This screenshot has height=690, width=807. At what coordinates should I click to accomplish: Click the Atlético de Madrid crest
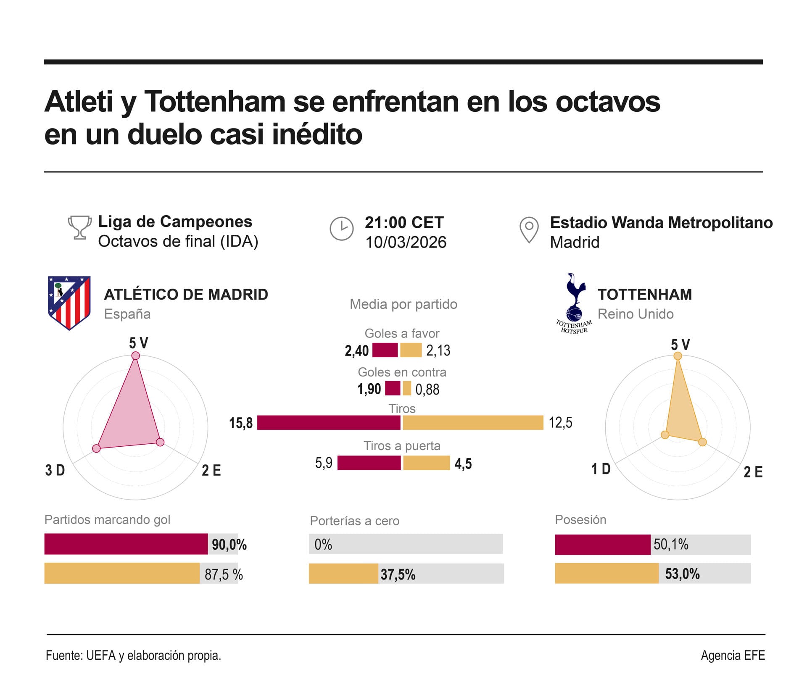click(69, 303)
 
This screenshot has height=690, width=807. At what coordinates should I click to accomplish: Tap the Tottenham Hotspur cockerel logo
click(575, 303)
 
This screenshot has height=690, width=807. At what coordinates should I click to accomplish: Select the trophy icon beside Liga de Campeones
click(80, 227)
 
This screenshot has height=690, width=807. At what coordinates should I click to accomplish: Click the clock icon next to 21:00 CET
click(341, 229)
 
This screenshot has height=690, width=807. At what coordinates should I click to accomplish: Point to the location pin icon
click(529, 229)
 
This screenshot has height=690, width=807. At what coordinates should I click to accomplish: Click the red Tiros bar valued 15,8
click(329, 423)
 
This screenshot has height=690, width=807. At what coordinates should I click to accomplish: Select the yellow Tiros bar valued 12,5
click(473, 423)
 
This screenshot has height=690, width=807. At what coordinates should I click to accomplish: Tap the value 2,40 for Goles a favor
click(356, 350)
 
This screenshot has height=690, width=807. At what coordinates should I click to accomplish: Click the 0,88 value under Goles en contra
click(427, 390)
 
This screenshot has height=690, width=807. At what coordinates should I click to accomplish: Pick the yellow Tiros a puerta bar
click(426, 463)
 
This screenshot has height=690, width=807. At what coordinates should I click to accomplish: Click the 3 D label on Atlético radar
click(55, 470)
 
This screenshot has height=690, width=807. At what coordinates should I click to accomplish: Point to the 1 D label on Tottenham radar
click(601, 469)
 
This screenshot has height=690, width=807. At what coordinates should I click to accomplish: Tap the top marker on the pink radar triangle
click(135, 356)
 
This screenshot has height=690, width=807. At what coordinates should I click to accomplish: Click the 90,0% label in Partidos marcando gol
click(229, 545)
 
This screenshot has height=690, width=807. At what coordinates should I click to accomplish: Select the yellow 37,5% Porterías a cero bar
click(343, 574)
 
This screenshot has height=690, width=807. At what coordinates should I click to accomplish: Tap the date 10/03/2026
click(406, 242)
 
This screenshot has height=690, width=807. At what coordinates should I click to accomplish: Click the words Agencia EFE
click(733, 655)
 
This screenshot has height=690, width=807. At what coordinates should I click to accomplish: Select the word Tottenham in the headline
click(214, 102)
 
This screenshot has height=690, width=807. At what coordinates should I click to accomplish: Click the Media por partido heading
click(403, 304)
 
